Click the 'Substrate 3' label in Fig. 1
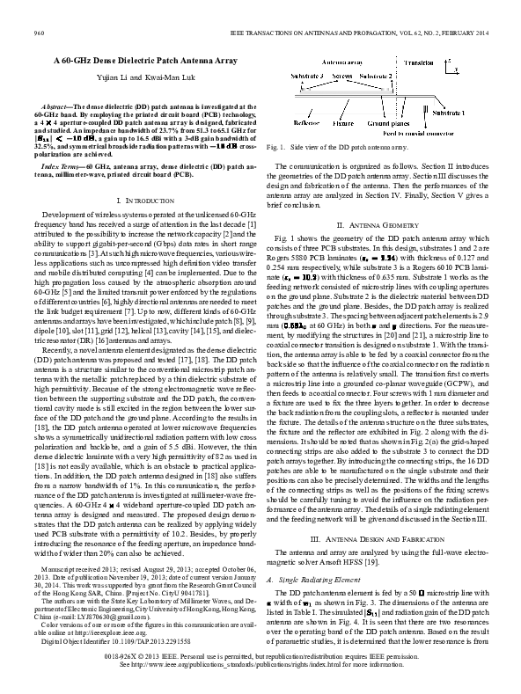pos(300,77)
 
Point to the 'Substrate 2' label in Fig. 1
pos(377,77)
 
